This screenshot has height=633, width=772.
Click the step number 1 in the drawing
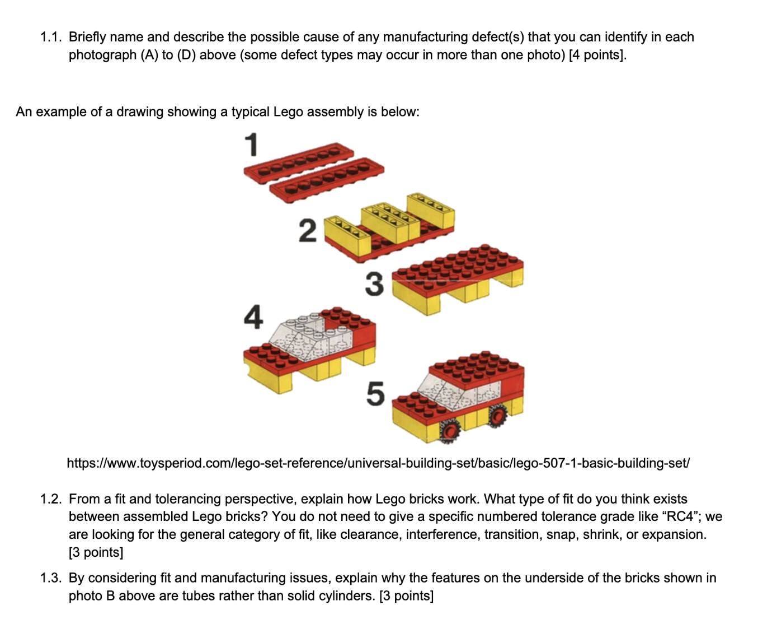coord(252,144)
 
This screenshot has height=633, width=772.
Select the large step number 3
coord(374,283)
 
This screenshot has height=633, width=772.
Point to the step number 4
coord(253,317)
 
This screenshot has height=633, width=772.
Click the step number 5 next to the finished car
coord(375,393)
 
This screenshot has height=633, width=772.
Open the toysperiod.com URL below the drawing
coord(378,463)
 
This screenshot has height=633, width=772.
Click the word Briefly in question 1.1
coord(87,37)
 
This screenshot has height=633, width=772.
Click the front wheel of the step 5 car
coord(449,431)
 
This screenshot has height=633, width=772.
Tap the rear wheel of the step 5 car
coord(497,415)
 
